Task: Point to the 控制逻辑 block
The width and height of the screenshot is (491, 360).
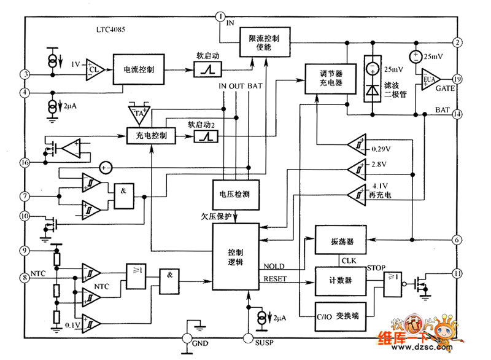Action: [236, 257]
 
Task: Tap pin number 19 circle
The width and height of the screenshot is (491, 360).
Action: [457, 79]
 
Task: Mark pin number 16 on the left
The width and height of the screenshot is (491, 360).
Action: [25, 163]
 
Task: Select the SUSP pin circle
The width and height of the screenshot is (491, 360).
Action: [248, 337]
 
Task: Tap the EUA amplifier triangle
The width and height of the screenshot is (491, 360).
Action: [428, 79]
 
